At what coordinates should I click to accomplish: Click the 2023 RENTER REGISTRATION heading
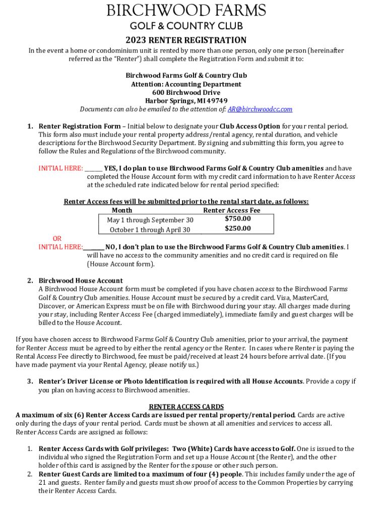(x=186, y=40)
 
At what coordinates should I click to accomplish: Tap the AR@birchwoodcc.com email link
(x=260, y=109)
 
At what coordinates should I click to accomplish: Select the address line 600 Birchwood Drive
(x=186, y=93)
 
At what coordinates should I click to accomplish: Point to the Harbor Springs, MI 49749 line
(x=186, y=101)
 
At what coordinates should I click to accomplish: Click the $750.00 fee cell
(x=237, y=219)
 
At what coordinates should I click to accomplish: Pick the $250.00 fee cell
(x=237, y=229)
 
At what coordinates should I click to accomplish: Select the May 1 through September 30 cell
(x=150, y=220)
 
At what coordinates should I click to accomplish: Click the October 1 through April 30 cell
(x=150, y=230)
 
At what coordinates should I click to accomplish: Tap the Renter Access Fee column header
(x=231, y=210)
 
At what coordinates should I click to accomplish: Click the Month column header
(x=122, y=210)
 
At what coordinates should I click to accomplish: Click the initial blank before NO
(x=94, y=247)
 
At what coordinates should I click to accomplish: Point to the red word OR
(x=57, y=238)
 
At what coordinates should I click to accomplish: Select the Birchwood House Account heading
(x=81, y=281)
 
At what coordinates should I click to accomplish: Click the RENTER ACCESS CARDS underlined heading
(x=186, y=407)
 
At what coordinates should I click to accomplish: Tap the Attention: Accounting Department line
(x=186, y=84)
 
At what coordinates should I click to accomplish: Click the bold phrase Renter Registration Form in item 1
(x=80, y=126)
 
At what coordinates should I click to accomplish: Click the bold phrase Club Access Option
(x=249, y=126)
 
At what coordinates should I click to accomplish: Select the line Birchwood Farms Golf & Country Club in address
(x=186, y=76)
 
